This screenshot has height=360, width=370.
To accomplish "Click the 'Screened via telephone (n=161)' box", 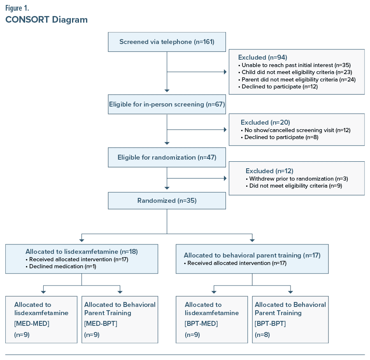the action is pos(167,42).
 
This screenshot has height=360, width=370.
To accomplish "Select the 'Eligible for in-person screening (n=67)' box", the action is pos(167,104).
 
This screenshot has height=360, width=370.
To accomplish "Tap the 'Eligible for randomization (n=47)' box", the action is pos(167,157).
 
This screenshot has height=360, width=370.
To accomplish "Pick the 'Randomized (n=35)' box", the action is pos(167,200).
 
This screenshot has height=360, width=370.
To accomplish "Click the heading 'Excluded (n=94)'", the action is pos(263,57).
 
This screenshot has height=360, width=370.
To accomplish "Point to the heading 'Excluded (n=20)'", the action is pos(265,122).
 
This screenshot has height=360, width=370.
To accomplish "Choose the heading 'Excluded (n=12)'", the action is pos(270,171).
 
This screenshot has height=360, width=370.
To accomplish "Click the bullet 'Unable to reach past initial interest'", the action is pos(287,65).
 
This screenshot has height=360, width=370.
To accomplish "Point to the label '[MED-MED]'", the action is pos(32,323).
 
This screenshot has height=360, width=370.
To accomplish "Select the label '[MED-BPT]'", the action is pos(101,323).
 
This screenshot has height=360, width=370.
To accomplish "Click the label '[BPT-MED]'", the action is pos(201,323).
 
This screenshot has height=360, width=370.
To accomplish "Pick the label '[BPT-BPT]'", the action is pos(270,323).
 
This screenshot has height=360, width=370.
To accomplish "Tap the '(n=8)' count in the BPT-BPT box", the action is pos(263,335).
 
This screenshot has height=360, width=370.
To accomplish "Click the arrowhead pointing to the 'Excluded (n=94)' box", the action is pos(225,72).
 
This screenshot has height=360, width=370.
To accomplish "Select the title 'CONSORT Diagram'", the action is pos(47,20).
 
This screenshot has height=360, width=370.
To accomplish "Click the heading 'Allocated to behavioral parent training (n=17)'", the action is pos(252,255).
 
